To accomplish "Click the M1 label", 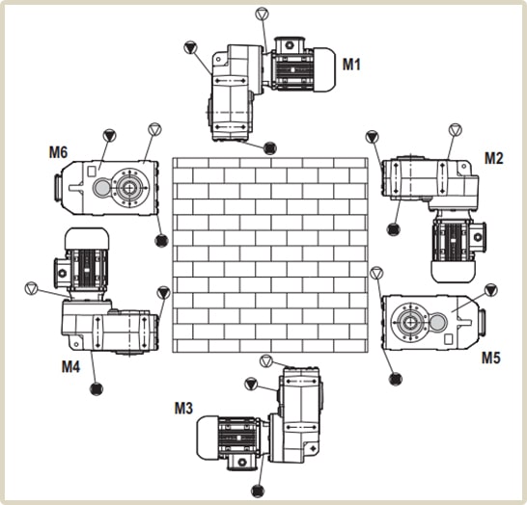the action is [351, 65].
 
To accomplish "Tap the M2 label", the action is [494, 158].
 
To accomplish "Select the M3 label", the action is [183, 408].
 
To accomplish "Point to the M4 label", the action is [70, 367].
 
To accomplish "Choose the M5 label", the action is [491, 358].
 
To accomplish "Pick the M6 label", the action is [58, 152].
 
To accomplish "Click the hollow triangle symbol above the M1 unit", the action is [262, 14].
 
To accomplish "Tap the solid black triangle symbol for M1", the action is [190, 47].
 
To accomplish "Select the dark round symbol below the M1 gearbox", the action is [270, 147].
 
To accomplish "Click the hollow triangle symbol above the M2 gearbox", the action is [455, 129].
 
